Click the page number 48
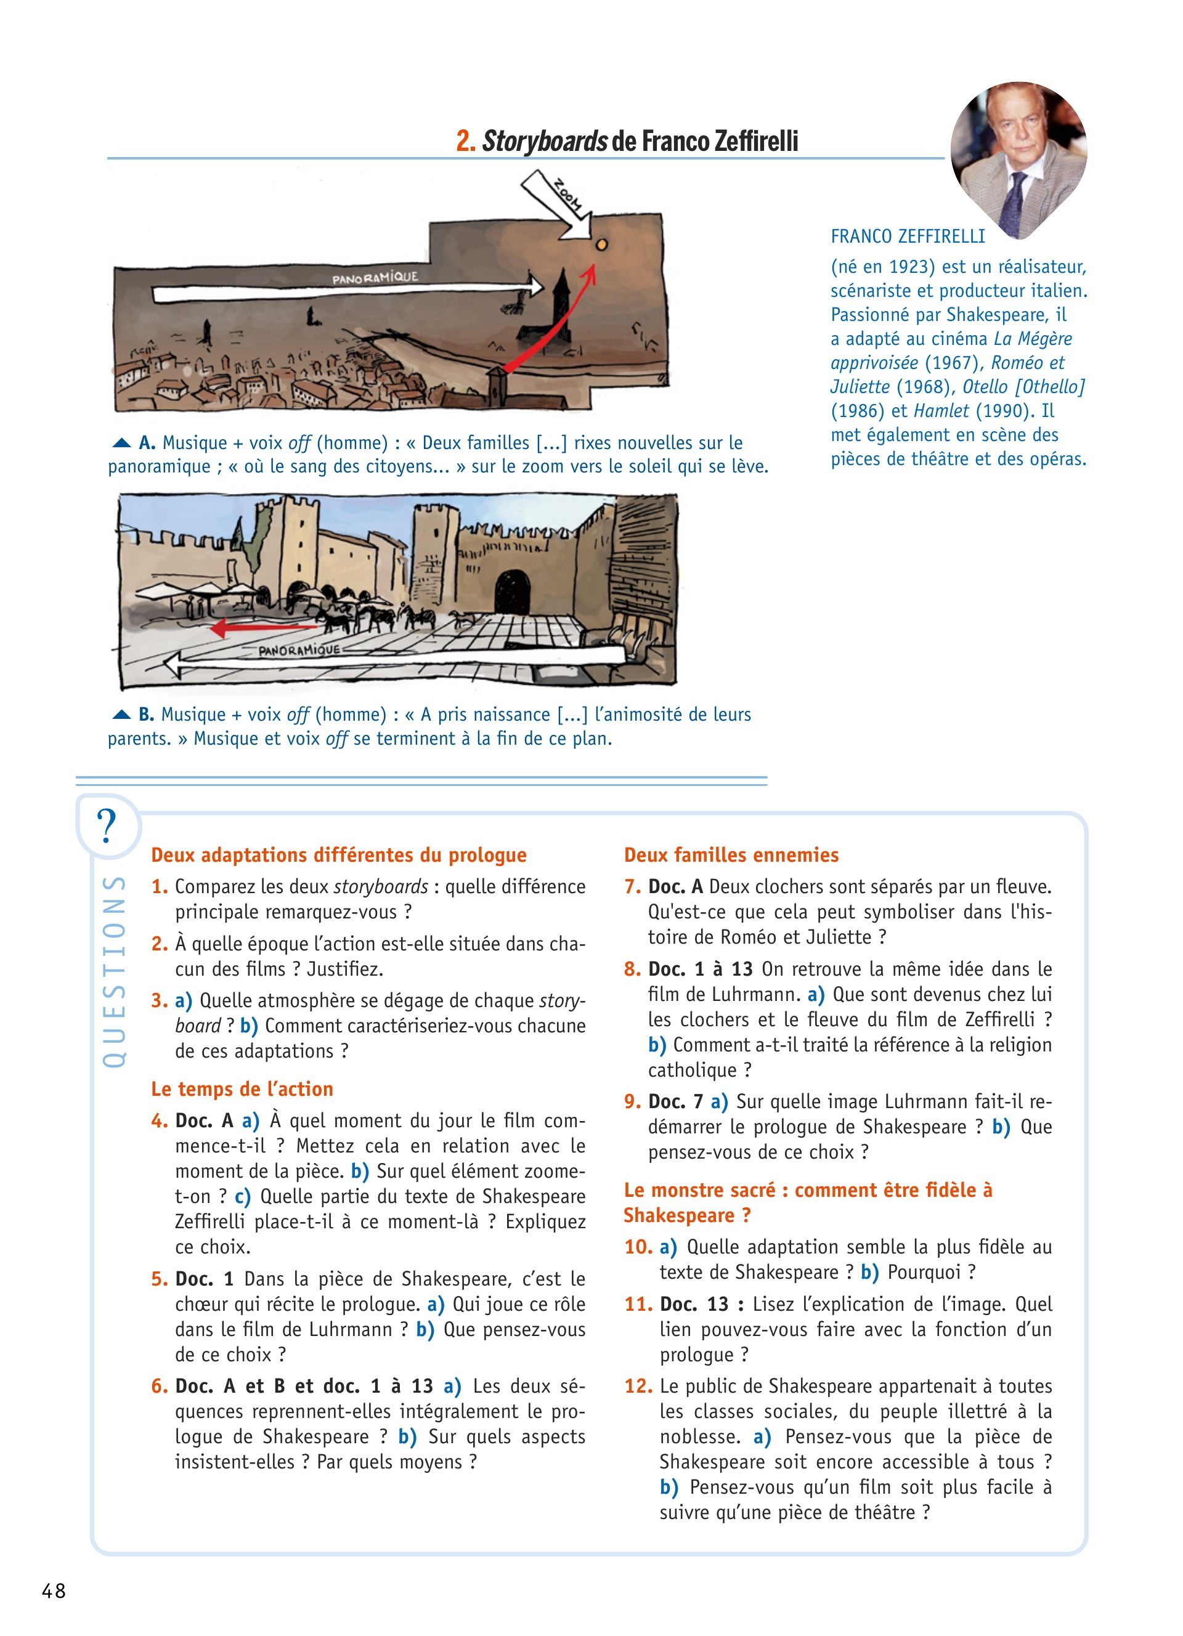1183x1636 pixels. (54, 1590)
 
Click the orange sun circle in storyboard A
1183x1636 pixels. (601, 245)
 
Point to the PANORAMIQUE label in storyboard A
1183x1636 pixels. (375, 278)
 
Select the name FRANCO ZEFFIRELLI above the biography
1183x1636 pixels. (908, 237)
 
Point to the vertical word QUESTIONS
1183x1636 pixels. (114, 971)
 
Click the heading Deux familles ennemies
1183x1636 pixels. (731, 855)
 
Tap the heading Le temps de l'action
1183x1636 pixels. (242, 1089)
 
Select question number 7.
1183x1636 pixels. (632, 886)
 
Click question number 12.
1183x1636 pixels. (638, 1387)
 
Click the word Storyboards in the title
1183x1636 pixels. (544, 142)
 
